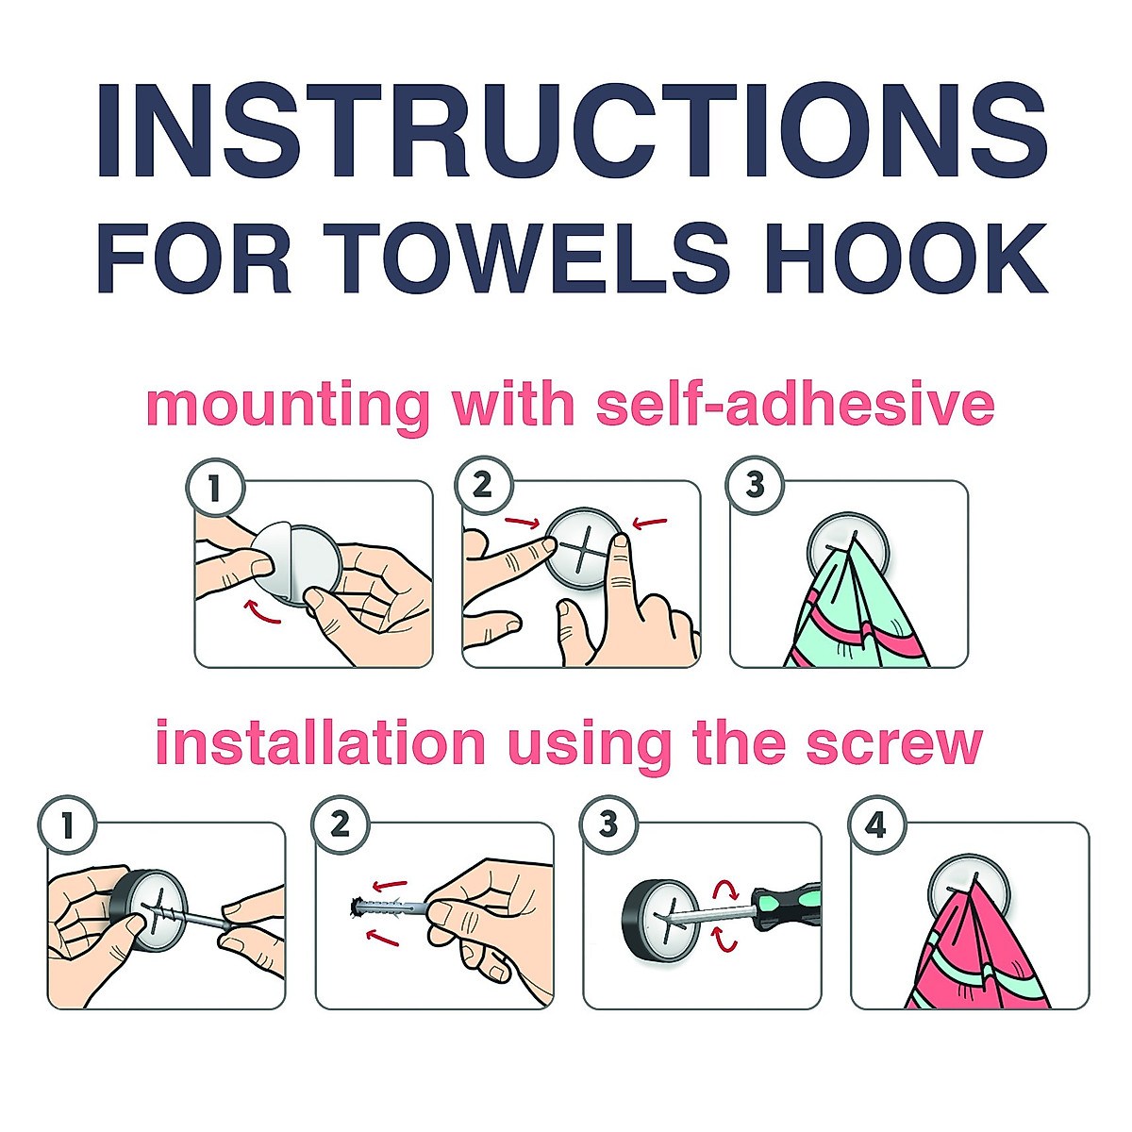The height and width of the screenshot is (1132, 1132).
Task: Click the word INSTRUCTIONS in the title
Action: click(x=571, y=132)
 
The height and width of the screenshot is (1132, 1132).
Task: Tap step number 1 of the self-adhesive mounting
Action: click(x=215, y=488)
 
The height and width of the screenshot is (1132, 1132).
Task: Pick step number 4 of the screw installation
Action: click(x=875, y=827)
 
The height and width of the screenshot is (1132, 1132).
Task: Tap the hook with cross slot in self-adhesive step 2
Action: click(x=583, y=548)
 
